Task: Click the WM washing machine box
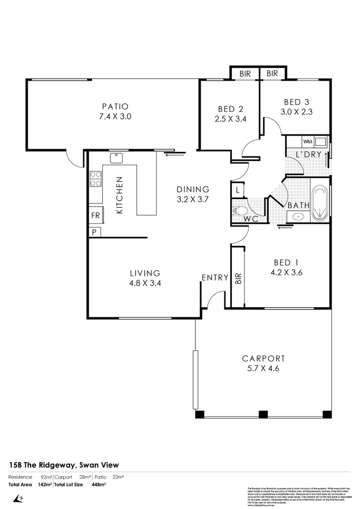tap(308, 142)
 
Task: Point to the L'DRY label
tap(308, 154)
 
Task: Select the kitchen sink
tap(116, 158)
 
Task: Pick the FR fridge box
tap(95, 216)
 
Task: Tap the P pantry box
tap(94, 232)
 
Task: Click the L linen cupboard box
tap(237, 190)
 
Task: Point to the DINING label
tap(193, 189)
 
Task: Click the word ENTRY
tap(215, 278)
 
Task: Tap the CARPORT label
tap(263, 358)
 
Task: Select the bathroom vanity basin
tap(298, 217)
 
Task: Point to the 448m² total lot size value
tap(98, 484)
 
